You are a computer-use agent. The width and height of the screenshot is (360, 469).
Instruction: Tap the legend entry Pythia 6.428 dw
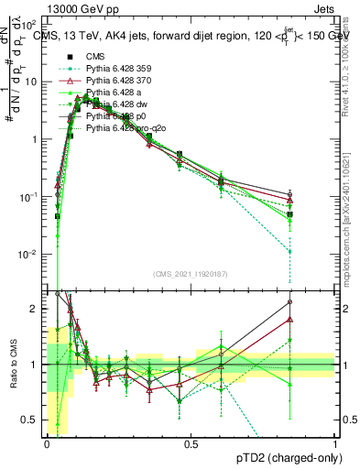120,104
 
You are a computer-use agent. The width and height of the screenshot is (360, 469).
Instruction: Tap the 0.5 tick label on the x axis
191,444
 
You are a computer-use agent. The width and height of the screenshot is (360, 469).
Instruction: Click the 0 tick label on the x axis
48,444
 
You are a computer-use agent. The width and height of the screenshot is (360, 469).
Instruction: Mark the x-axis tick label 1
335,444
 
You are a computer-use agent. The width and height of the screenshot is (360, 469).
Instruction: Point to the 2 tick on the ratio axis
36,309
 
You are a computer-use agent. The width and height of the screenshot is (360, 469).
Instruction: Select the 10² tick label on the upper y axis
31,25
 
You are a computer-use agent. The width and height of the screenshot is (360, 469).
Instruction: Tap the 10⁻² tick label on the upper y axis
31,254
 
